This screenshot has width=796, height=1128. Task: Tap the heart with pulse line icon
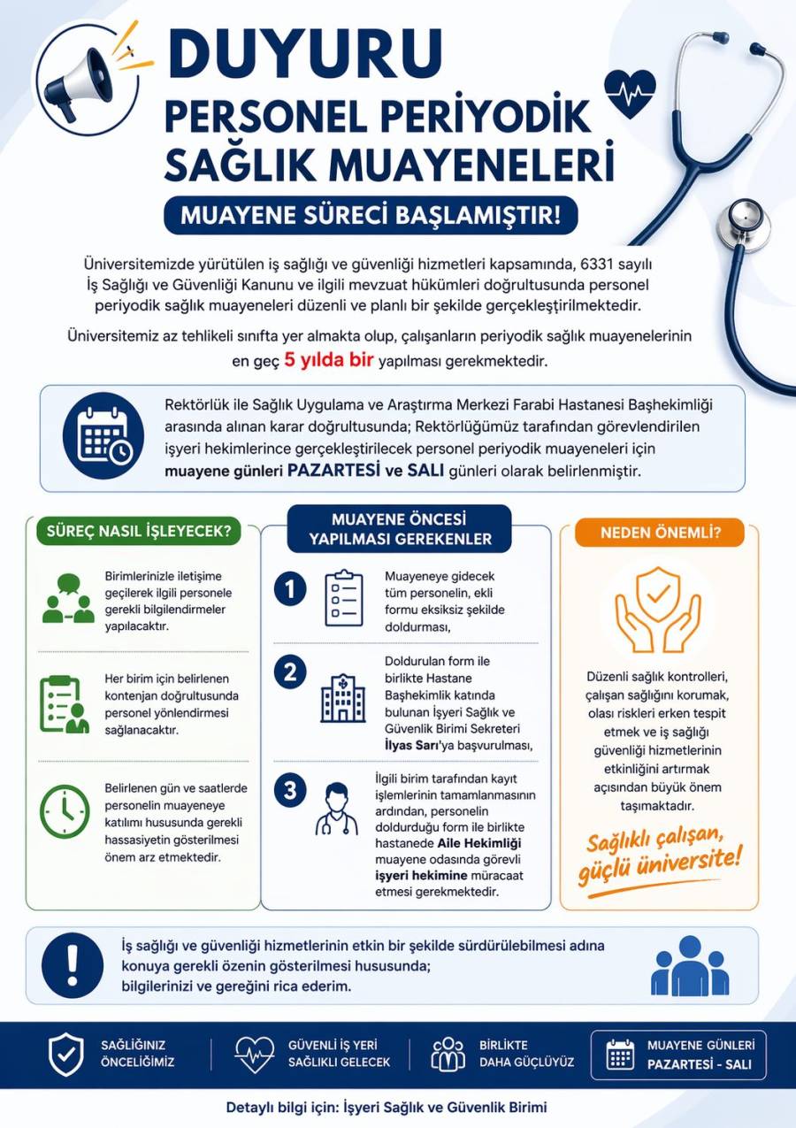[x=629, y=92]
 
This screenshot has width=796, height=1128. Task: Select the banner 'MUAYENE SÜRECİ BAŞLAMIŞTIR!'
[x=371, y=216]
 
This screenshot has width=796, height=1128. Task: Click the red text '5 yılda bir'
[x=331, y=361]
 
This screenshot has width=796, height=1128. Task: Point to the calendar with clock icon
[x=104, y=436]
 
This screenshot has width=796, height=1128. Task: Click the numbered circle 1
[x=290, y=588]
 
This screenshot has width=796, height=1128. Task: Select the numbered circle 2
[x=290, y=672]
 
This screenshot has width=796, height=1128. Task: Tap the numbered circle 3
[x=290, y=790]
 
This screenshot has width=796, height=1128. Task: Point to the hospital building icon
[x=342, y=700]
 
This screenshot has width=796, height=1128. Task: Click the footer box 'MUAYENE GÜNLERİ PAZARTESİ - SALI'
[x=677, y=1055]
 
